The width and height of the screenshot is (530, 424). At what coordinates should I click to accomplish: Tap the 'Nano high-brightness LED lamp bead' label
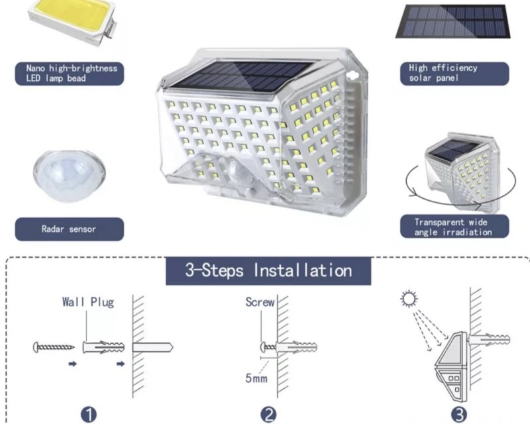pyautogui.click(x=70, y=74)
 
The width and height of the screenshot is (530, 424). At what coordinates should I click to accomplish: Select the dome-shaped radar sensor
pyautogui.click(x=70, y=176)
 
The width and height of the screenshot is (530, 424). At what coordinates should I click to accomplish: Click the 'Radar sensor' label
pyautogui.click(x=70, y=229)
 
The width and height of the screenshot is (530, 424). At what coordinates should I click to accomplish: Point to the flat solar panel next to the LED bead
pyautogui.click(x=453, y=21)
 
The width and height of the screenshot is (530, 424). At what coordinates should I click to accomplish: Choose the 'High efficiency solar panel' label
pyautogui.click(x=454, y=73)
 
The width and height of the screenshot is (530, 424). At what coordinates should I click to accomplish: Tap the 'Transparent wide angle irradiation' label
pyautogui.click(x=454, y=227)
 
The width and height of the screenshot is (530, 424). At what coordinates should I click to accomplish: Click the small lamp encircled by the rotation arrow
pyautogui.click(x=462, y=172)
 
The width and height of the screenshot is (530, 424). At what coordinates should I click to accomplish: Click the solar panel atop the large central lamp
pyautogui.click(x=242, y=78)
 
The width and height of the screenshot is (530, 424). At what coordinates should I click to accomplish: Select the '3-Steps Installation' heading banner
pyautogui.click(x=268, y=271)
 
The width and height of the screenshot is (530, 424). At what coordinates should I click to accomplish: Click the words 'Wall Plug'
pyautogui.click(x=88, y=301)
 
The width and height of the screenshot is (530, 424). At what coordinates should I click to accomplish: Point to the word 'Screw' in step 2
pyautogui.click(x=260, y=302)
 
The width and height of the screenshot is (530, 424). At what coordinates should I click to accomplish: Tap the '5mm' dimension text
pyautogui.click(x=256, y=378)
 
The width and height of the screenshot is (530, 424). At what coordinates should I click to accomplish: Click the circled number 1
pyautogui.click(x=89, y=415)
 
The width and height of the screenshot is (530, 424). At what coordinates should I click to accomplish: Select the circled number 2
pyautogui.click(x=269, y=415)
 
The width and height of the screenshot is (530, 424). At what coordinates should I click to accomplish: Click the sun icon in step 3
pyautogui.click(x=409, y=299)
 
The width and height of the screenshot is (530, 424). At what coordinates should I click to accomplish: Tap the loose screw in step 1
pyautogui.click(x=54, y=347)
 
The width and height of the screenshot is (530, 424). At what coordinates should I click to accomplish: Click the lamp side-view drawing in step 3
pyautogui.click(x=451, y=366)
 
